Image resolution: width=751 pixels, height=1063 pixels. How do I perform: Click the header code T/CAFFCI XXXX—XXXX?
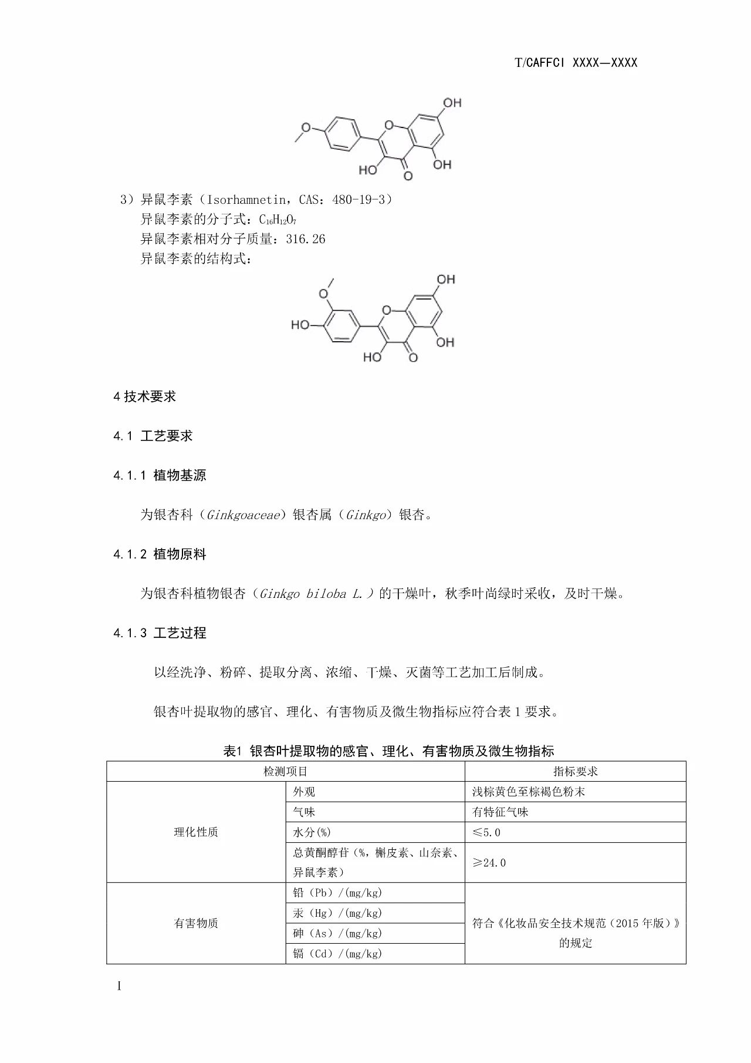click(x=575, y=63)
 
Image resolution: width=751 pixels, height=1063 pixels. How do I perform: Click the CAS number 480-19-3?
click(x=358, y=200)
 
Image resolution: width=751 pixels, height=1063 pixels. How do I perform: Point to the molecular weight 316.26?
click(x=306, y=239)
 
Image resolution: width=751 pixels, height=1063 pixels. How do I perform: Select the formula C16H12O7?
click(x=278, y=220)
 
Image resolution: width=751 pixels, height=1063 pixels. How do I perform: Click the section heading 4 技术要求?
click(x=144, y=396)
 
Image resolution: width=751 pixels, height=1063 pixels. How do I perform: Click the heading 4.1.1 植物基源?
click(x=160, y=475)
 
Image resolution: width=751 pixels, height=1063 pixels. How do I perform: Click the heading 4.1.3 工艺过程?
click(x=160, y=633)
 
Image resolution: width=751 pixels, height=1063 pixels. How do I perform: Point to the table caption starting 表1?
click(x=388, y=751)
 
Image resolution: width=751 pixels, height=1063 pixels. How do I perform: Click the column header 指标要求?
click(x=575, y=772)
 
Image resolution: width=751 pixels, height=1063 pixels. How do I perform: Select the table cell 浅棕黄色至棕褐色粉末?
click(x=529, y=792)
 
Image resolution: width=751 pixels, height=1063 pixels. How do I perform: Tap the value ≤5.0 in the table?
click(x=486, y=832)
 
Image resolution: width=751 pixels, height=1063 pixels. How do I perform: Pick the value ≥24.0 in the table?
click(x=489, y=863)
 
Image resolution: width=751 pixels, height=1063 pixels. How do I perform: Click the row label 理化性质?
click(x=196, y=832)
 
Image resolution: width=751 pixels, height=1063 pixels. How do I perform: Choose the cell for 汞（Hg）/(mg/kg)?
click(x=337, y=913)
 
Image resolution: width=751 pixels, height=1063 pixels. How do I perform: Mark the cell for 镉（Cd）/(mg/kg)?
click(x=337, y=954)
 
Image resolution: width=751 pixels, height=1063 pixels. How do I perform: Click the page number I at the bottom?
click(x=119, y=986)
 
